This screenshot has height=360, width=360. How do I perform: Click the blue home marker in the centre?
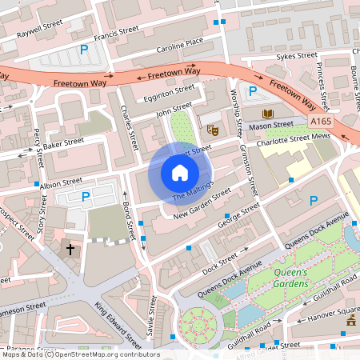pyautogui.click(x=180, y=172)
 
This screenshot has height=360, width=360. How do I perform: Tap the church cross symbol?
pyautogui.click(x=70, y=250)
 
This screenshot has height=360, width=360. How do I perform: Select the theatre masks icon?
pyautogui.click(x=213, y=129)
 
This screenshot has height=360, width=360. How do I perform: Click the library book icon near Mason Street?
pyautogui.click(x=266, y=114)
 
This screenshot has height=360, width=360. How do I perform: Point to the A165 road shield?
pyautogui.click(x=321, y=121)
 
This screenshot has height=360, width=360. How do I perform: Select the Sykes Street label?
pyautogui.click(x=297, y=56)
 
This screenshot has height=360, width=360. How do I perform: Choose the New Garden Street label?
pyautogui.click(x=204, y=202)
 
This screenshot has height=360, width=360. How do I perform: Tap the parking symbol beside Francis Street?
pyautogui.click(x=83, y=50)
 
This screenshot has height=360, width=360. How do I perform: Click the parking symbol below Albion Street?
pyautogui.click(x=86, y=196)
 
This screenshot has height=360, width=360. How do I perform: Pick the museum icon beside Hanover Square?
pyautogui.click(x=350, y=323)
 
